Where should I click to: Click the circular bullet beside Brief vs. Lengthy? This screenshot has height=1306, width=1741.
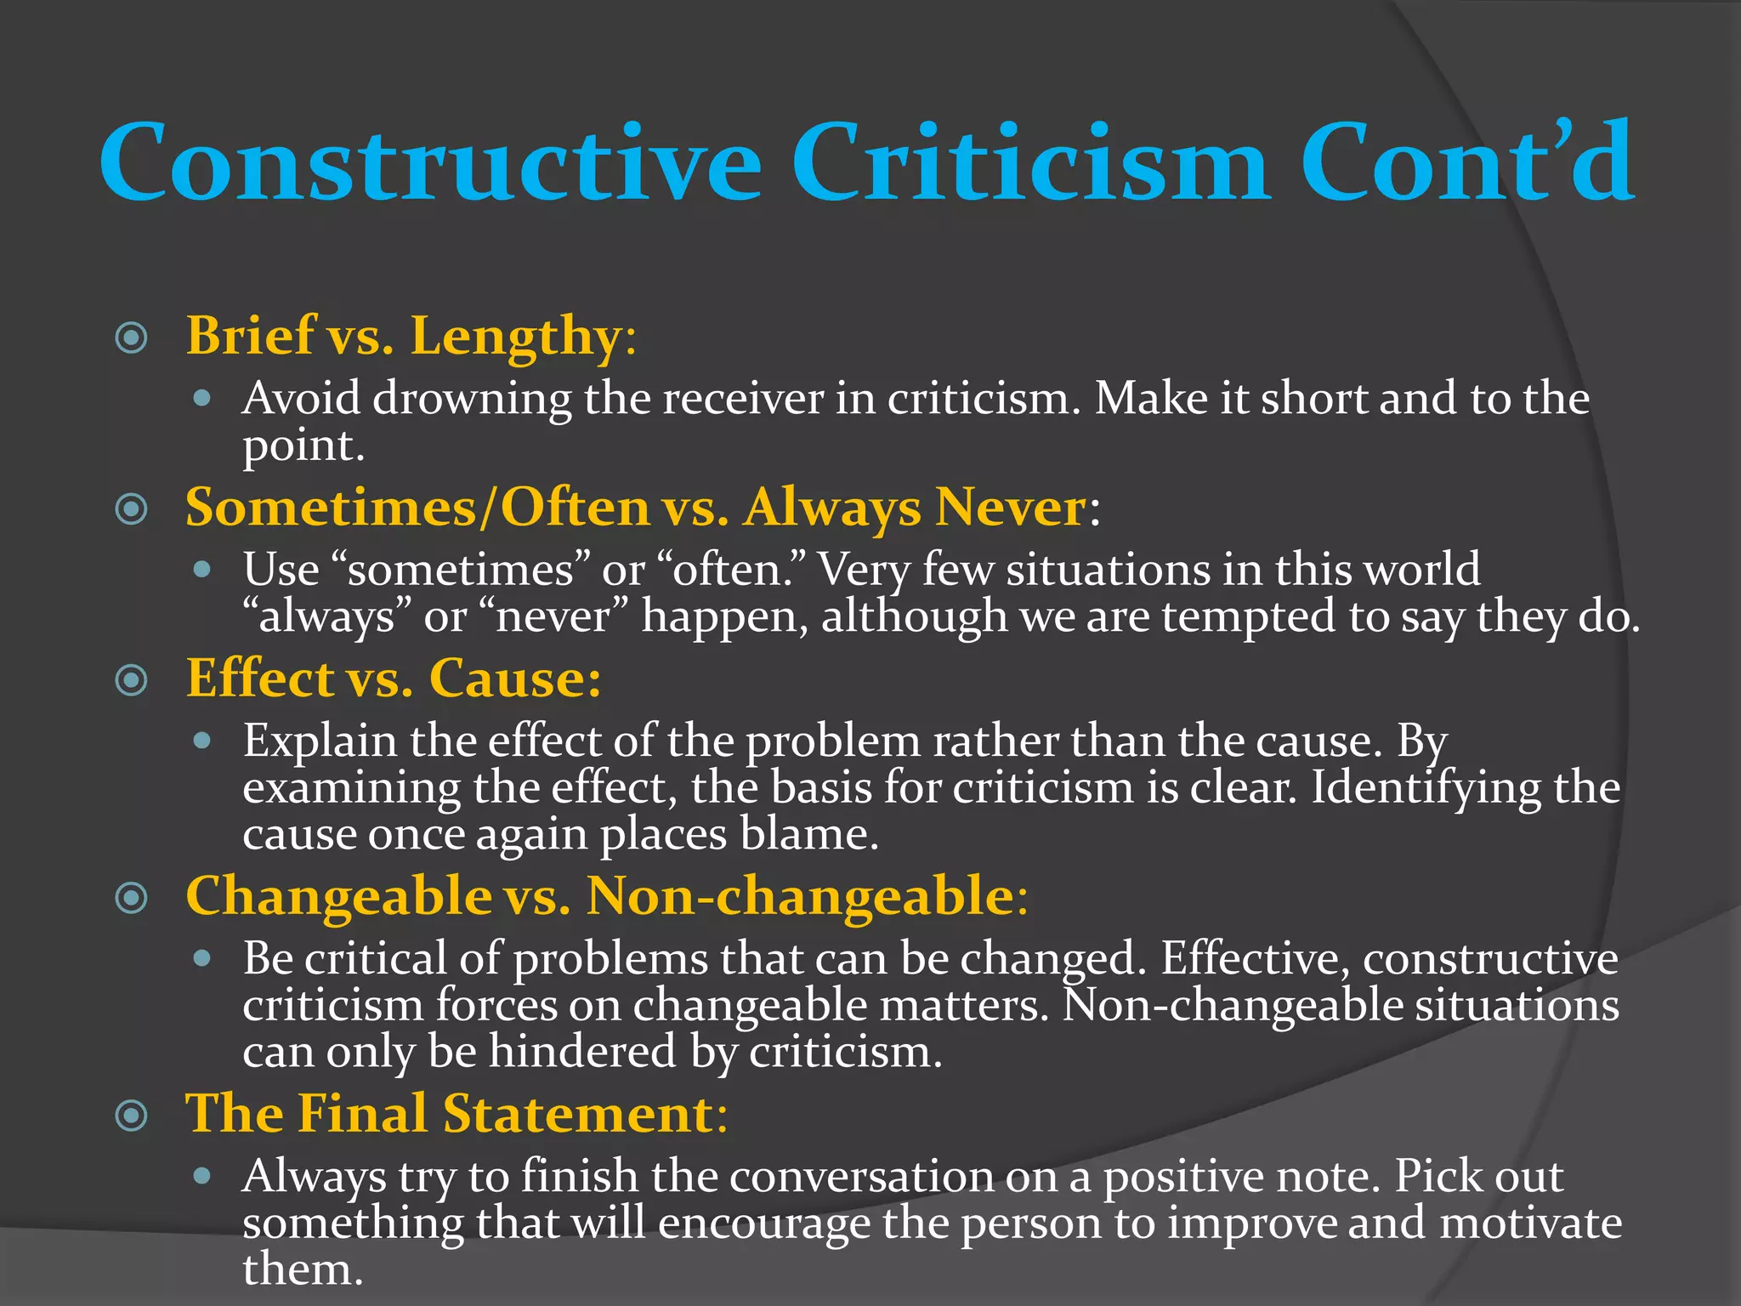tap(131, 338)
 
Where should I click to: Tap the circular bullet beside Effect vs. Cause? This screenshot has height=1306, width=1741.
tap(131, 679)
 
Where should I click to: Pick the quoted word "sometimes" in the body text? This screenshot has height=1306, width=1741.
tap(459, 570)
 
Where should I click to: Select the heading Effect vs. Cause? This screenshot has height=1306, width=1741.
tap(393, 679)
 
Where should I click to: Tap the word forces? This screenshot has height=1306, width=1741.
tap(496, 1005)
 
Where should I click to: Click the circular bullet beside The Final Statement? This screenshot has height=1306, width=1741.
tap(131, 1115)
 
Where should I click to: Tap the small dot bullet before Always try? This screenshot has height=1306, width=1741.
tap(201, 1176)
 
